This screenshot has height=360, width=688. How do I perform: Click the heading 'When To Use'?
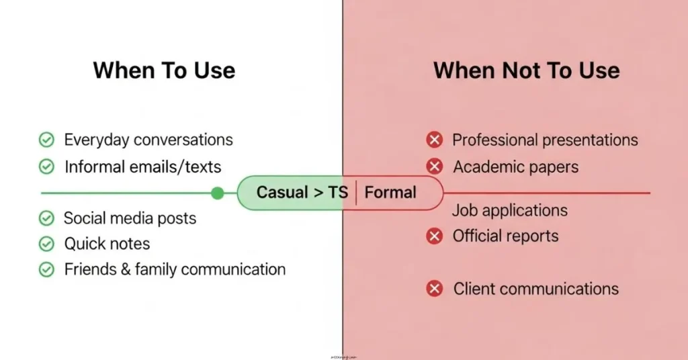pos(164,71)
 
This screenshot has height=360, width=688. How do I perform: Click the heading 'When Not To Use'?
pos(526,71)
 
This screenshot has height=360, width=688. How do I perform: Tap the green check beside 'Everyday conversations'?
pos(46,140)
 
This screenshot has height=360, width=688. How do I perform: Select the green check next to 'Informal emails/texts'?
pos(46,166)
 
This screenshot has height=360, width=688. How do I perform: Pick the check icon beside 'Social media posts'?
pos(46,218)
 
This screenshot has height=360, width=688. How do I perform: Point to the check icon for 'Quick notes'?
pos(46,244)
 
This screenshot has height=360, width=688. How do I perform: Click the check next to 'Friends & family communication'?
pos(46,269)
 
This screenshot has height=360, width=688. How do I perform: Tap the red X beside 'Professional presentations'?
pos(435,140)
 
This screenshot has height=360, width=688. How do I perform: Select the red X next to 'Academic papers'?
pos(435,166)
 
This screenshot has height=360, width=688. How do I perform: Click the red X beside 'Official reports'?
pos(435,236)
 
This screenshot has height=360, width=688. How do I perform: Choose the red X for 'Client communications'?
pos(435,289)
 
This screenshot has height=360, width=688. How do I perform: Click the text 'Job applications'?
pos(509,210)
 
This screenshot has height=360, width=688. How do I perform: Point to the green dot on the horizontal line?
pos(217,193)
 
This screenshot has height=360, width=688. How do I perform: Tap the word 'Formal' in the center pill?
pos(390,193)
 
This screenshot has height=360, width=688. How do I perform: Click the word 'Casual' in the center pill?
pos(282,193)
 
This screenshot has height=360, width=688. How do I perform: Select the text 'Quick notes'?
pos(107,244)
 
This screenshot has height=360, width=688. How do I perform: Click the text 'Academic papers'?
pos(515,166)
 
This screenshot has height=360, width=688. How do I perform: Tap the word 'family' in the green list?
pos(155,269)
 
